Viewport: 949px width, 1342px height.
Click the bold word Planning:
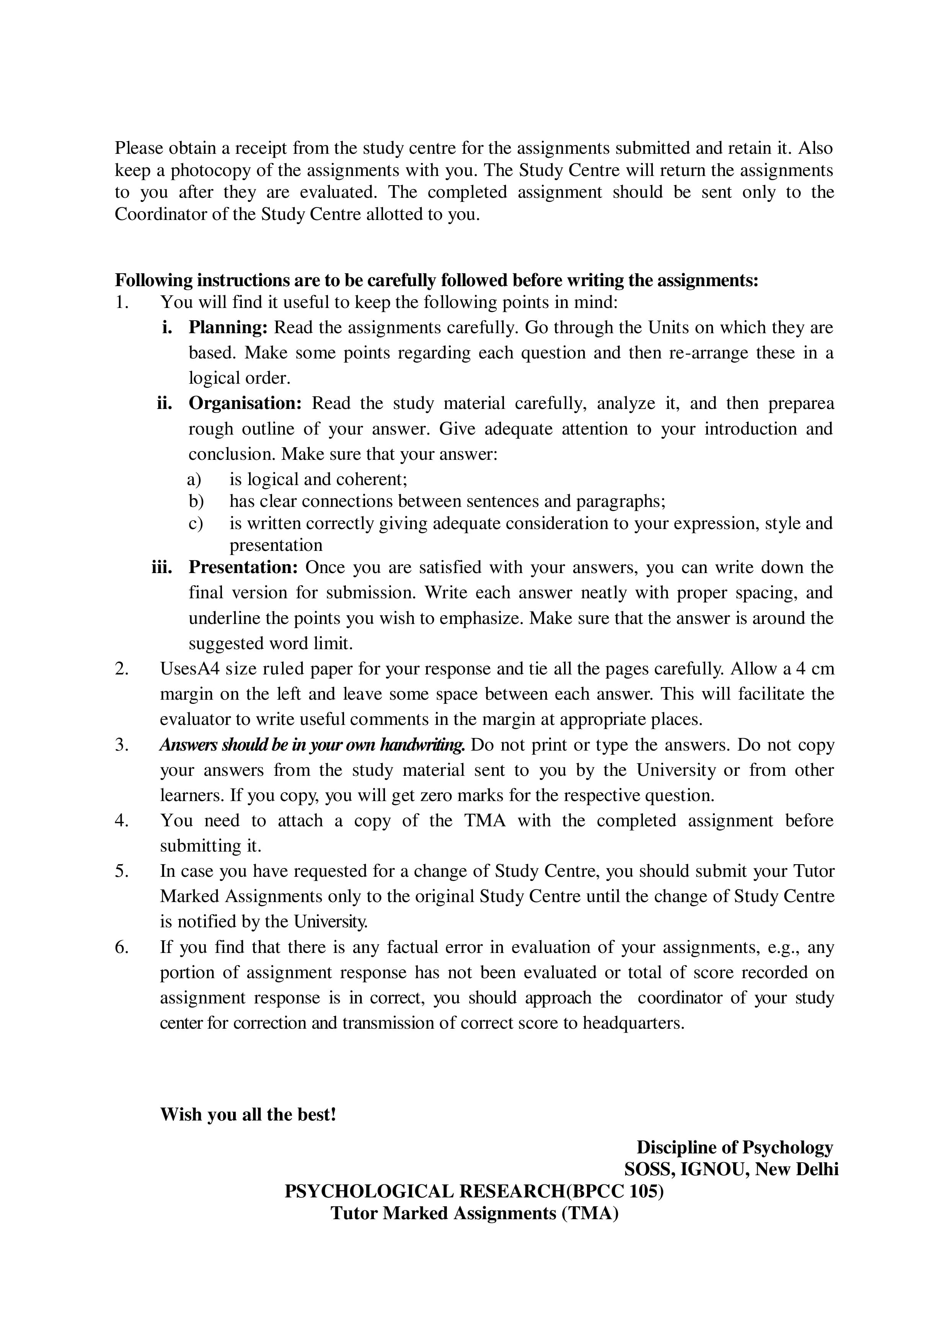pyautogui.click(x=227, y=327)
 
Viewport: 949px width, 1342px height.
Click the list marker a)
pyautogui.click(x=194, y=479)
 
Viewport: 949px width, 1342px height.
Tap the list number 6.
pyautogui.click(x=122, y=947)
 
